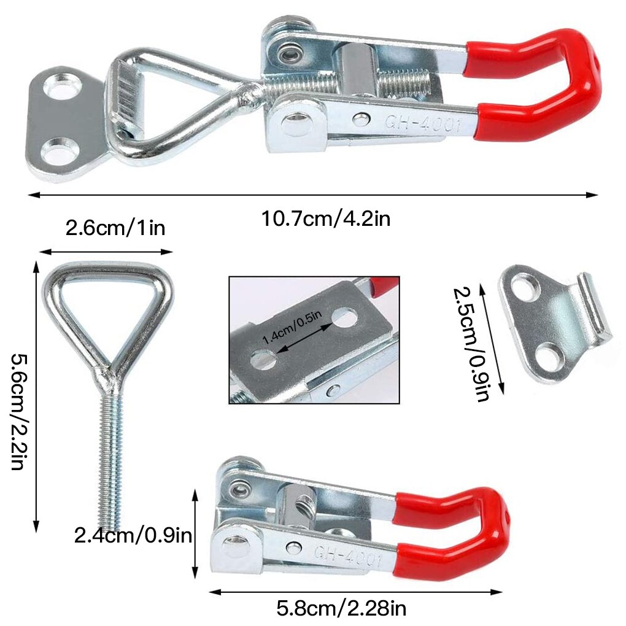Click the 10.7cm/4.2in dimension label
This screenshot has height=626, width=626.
[326, 218]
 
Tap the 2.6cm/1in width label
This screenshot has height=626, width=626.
[115, 229]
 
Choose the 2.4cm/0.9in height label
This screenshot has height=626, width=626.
[133, 535]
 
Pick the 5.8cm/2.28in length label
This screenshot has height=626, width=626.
[341, 609]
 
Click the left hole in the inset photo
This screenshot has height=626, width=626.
[263, 359]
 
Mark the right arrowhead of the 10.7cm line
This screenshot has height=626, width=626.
[592, 195]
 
